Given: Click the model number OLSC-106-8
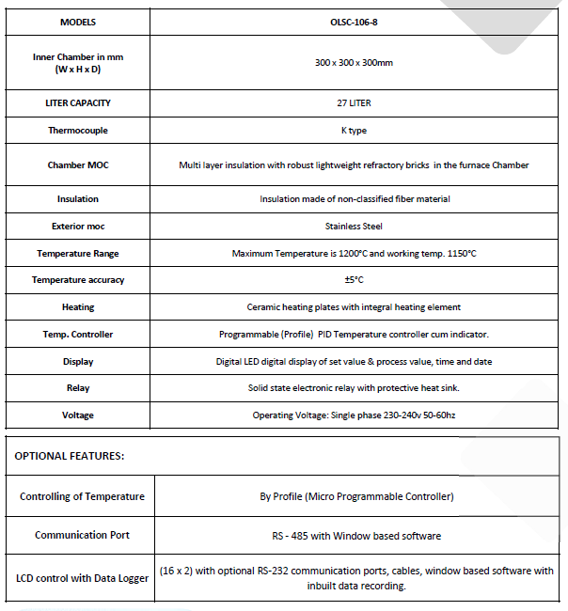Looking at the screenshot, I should pyautogui.click(x=354, y=22).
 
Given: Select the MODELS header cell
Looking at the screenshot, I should pyautogui.click(x=78, y=22).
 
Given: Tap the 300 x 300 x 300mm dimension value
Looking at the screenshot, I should pyautogui.click(x=354, y=62).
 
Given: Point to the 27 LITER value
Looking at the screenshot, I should pyautogui.click(x=354, y=103).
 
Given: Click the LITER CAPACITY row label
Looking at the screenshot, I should pyautogui.click(x=78, y=103).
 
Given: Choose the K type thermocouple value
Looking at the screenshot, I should pyautogui.click(x=354, y=131).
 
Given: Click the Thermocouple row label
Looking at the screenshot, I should pyautogui.click(x=78, y=131).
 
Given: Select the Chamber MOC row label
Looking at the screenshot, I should pyautogui.click(x=78, y=164).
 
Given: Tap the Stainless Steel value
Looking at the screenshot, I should pyautogui.click(x=354, y=226).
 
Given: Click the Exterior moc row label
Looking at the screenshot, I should pyautogui.click(x=78, y=226).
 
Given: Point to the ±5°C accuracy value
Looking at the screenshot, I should pyautogui.click(x=354, y=280).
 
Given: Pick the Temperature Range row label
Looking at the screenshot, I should pyautogui.click(x=78, y=254).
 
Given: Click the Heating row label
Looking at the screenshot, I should pyautogui.click(x=78, y=307).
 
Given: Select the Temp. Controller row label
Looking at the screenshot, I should pyautogui.click(x=78, y=335).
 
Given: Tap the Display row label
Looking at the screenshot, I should pyautogui.click(x=78, y=362).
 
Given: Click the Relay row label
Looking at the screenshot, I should pyautogui.click(x=78, y=388).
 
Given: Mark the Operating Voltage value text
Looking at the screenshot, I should pyautogui.click(x=354, y=415).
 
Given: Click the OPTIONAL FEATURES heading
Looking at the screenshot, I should pyautogui.click(x=70, y=456).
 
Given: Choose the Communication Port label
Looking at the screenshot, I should pyautogui.click(x=82, y=535).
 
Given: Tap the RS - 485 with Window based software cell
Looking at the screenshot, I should pyautogui.click(x=356, y=536).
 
